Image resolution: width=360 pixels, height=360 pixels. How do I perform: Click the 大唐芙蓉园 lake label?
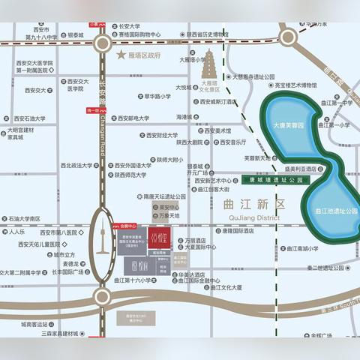point(288,127)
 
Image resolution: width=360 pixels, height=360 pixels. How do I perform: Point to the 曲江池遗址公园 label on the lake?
point(337,211)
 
